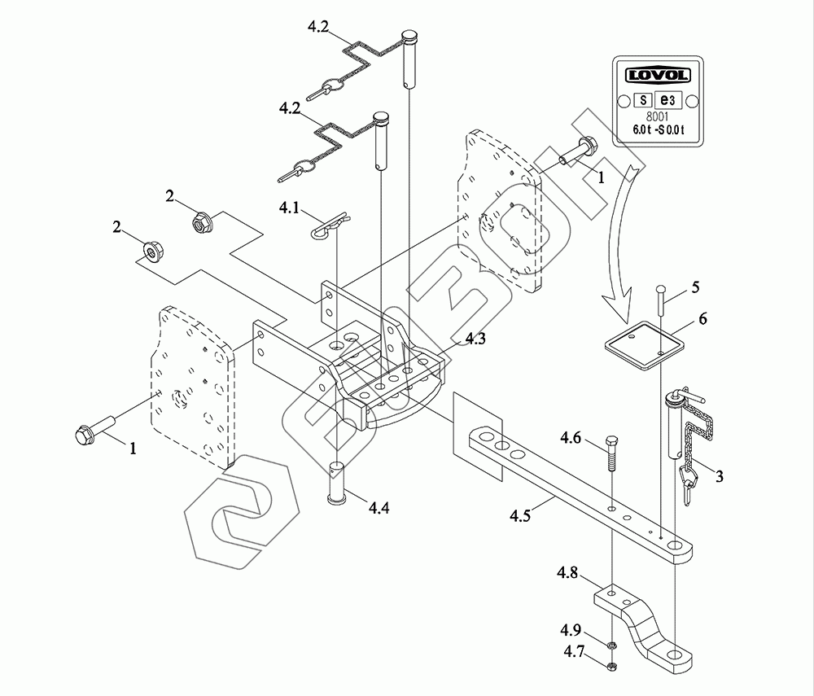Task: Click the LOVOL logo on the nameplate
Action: (658, 75)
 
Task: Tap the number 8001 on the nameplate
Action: (658, 117)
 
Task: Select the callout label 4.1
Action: (289, 208)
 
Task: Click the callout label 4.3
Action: (475, 339)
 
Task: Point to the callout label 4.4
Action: (379, 507)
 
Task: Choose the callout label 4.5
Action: (520, 515)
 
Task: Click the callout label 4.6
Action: (570, 438)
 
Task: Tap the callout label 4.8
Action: (567, 573)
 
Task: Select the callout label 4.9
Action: (570, 630)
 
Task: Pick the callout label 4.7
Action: (574, 651)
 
